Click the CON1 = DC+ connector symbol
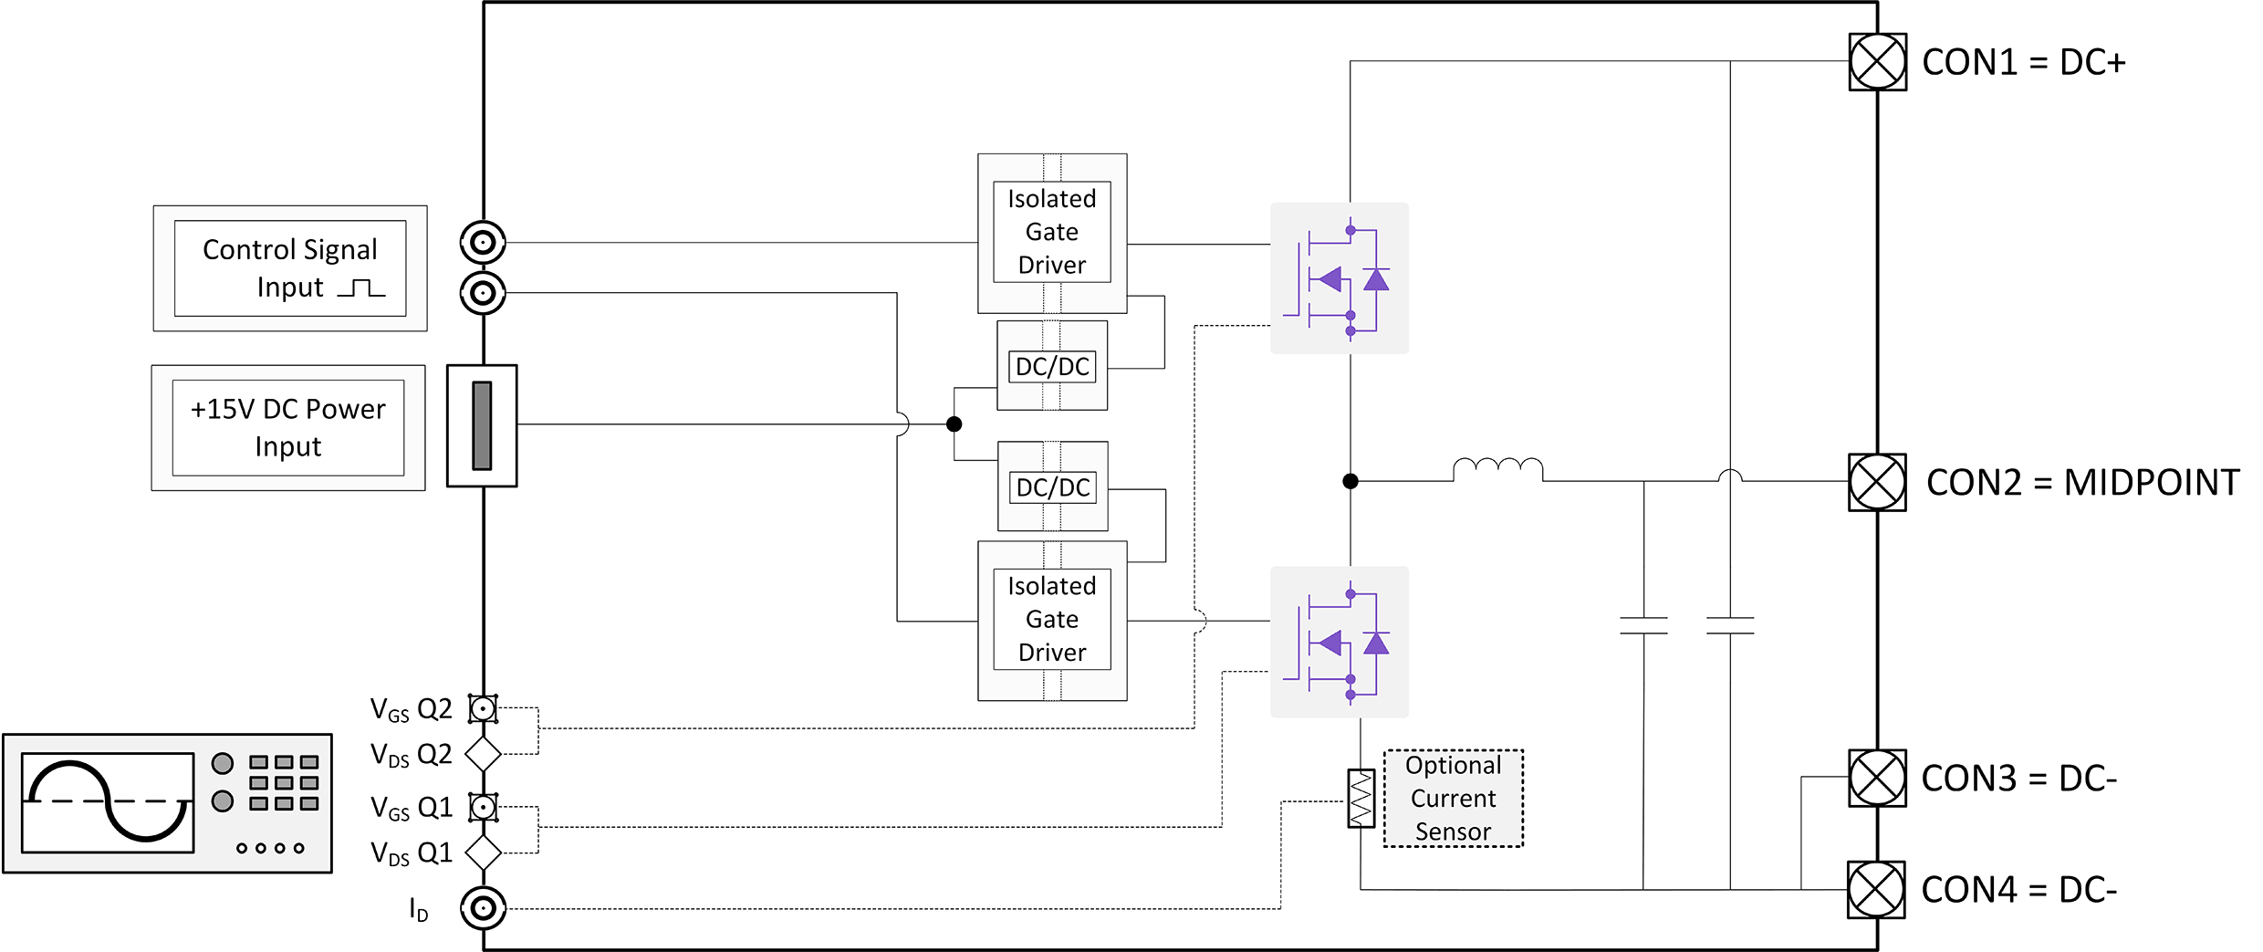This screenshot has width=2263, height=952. coord(1877,62)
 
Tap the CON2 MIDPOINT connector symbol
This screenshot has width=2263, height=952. coord(1877,482)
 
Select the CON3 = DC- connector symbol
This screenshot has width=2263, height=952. coord(1877,778)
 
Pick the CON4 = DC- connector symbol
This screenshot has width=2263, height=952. coord(1876,889)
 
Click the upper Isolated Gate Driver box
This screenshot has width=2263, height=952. coord(1051,232)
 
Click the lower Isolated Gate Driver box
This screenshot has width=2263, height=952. coord(1051,620)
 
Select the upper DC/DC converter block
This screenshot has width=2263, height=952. coord(1052,366)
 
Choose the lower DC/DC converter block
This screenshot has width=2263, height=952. coord(1052,486)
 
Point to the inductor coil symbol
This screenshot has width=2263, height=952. coord(1497,469)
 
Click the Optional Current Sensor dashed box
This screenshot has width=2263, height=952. coord(1453,799)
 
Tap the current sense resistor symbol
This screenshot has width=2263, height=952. coord(1361,799)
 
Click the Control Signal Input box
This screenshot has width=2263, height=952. coord(290,268)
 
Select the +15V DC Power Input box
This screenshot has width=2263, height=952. coord(288,427)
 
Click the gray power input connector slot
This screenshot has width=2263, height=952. coord(482,425)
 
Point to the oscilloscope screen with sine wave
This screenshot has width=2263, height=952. coord(108,802)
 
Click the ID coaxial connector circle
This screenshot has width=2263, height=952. coord(483,908)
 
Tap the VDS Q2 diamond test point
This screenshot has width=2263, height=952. coord(483,754)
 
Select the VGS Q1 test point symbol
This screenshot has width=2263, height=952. coord(483,807)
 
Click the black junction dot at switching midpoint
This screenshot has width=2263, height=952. coord(1350,481)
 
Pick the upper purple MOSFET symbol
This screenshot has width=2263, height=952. coord(1339,278)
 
